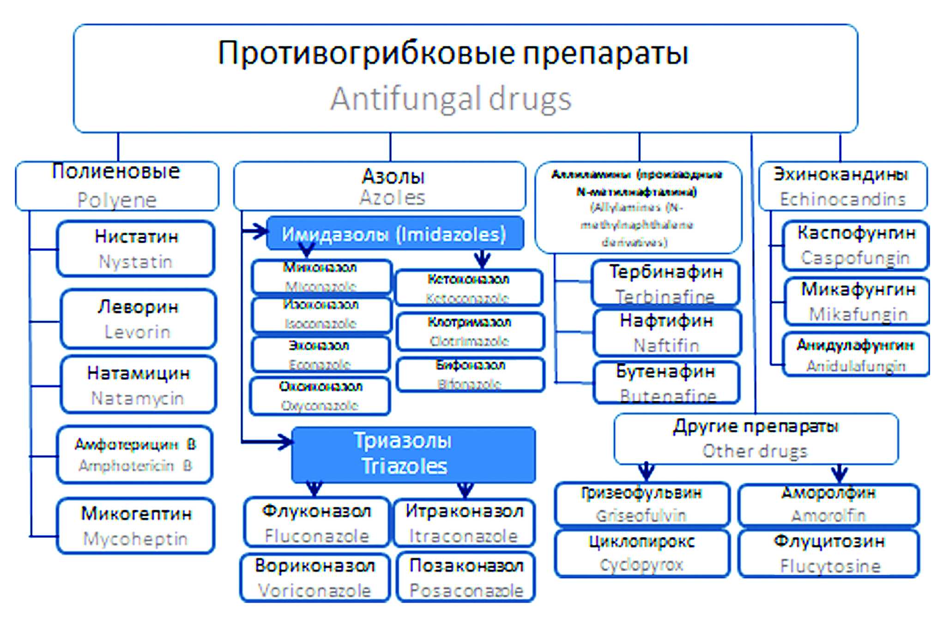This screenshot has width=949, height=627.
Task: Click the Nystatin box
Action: pyautogui.click(x=135, y=249)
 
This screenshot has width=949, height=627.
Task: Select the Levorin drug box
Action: pyautogui.click(x=138, y=319)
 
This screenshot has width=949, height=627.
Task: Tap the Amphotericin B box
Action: pyautogui.click(x=134, y=455)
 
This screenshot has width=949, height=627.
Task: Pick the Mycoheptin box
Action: pyautogui.click(x=135, y=526)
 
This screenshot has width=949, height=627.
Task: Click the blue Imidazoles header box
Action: pyautogui.click(x=395, y=234)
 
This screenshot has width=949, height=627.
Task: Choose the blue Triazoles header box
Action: pyautogui.click(x=413, y=454)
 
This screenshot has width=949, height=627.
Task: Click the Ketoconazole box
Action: pyautogui.click(x=469, y=288)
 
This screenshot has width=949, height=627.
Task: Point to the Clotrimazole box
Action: pyautogui.click(x=470, y=331)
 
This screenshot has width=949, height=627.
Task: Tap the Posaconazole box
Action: pyautogui.click(x=466, y=577)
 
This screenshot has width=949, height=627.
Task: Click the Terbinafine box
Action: pyautogui.click(x=665, y=283)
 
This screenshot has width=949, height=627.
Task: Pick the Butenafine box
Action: pyautogui.click(x=666, y=383)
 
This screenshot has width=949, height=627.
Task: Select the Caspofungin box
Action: pyautogui.click(x=856, y=245)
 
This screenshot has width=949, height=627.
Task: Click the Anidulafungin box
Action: pyautogui.click(x=856, y=355)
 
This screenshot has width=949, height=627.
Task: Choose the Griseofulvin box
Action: pyautogui.click(x=642, y=504)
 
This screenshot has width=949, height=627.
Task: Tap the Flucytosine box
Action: pyautogui.click(x=829, y=553)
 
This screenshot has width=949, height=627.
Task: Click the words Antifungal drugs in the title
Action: pyautogui.click(x=451, y=99)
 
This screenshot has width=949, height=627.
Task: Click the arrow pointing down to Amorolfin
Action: pyautogui.click(x=839, y=473)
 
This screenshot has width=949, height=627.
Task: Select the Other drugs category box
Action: pyautogui.click(x=756, y=439)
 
